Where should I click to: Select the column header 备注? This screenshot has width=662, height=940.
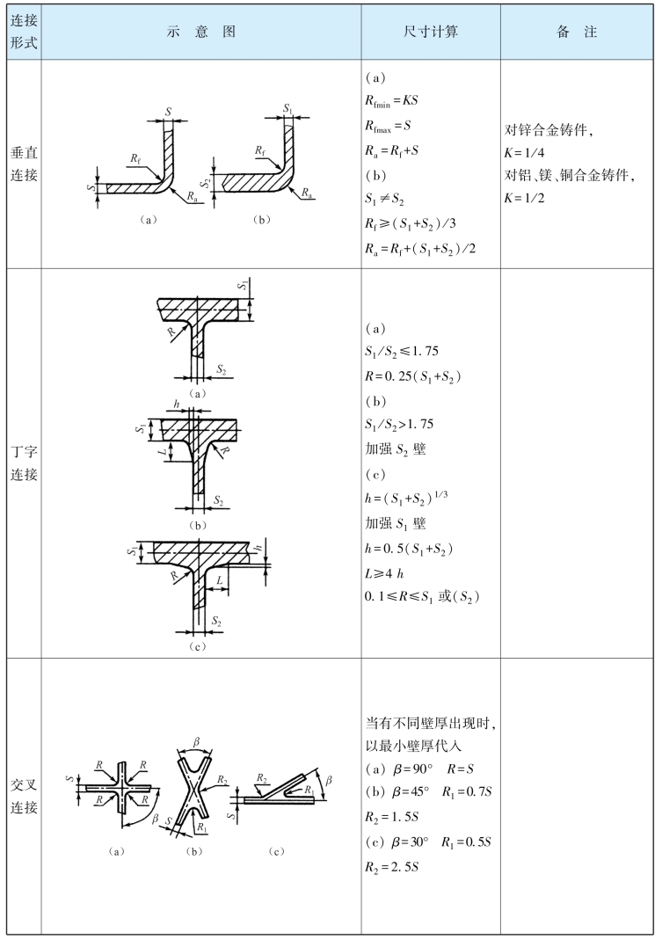pos(577,32)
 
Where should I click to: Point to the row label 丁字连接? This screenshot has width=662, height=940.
pos(22,462)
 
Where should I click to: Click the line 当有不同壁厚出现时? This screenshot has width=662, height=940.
pos(429,723)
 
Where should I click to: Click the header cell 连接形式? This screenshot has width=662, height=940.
pos(22,32)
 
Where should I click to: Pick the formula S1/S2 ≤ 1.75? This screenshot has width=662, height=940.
pos(404,353)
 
